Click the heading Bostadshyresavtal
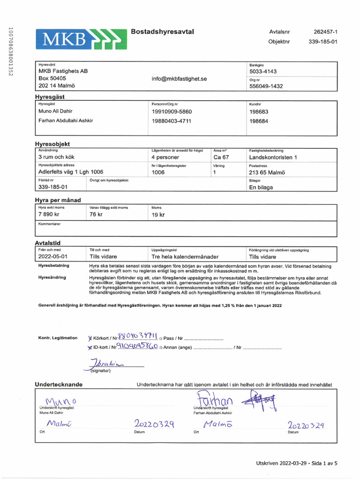click(163, 31)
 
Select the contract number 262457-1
click(325, 32)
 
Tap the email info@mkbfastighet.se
click(179, 79)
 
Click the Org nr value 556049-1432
click(266, 86)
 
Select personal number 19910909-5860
click(172, 112)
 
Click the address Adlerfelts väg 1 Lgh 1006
click(71, 172)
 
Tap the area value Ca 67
click(221, 157)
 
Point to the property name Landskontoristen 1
click(273, 157)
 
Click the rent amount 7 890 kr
click(49, 215)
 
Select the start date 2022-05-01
click(53, 257)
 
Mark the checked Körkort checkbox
click(90, 338)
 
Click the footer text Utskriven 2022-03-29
click(280, 463)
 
